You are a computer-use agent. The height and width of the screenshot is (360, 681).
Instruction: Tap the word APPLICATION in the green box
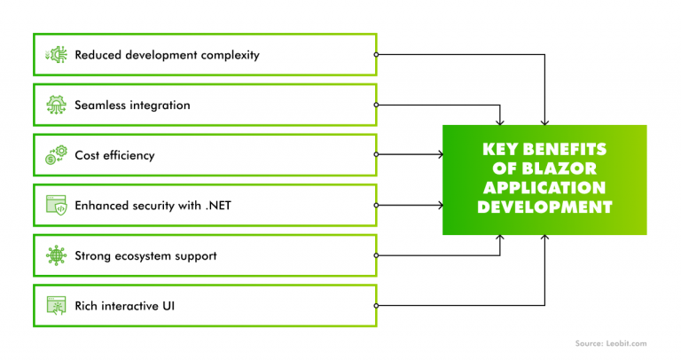[545, 188]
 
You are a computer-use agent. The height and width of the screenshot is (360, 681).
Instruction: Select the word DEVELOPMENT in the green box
[545, 207]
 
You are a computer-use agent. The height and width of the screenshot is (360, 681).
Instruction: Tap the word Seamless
[100, 106]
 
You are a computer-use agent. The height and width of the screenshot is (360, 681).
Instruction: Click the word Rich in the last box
[87, 307]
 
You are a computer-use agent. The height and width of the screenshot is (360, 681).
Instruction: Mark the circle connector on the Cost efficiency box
[376, 156]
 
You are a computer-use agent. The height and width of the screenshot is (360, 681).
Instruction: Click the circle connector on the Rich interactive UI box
[376, 307]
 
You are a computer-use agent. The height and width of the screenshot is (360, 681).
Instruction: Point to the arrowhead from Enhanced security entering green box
[439, 207]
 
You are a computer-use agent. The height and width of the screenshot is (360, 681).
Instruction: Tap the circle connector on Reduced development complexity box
[376, 55]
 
